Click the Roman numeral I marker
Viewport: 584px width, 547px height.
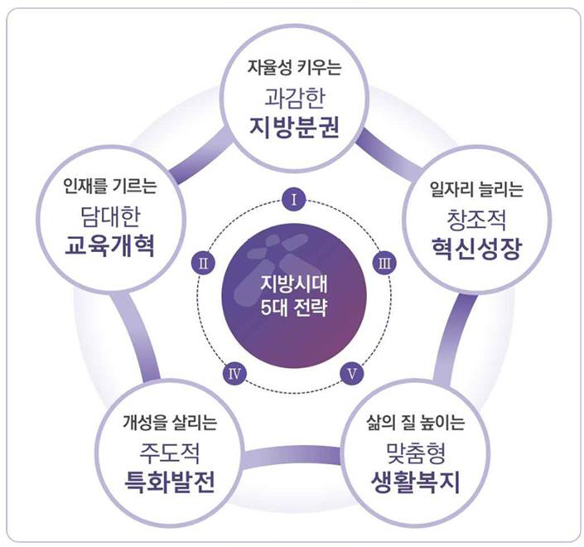pos(294,199)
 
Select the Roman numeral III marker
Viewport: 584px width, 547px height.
pos(384,264)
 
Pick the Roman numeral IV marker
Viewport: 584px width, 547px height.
pos(236,371)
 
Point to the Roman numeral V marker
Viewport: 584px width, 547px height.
pos(352,371)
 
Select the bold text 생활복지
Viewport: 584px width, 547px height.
pos(416,480)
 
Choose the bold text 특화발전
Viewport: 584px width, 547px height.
pos(169,480)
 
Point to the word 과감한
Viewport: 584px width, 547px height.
pos(294,100)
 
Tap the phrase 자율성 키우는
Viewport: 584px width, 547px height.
pos(294,69)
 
